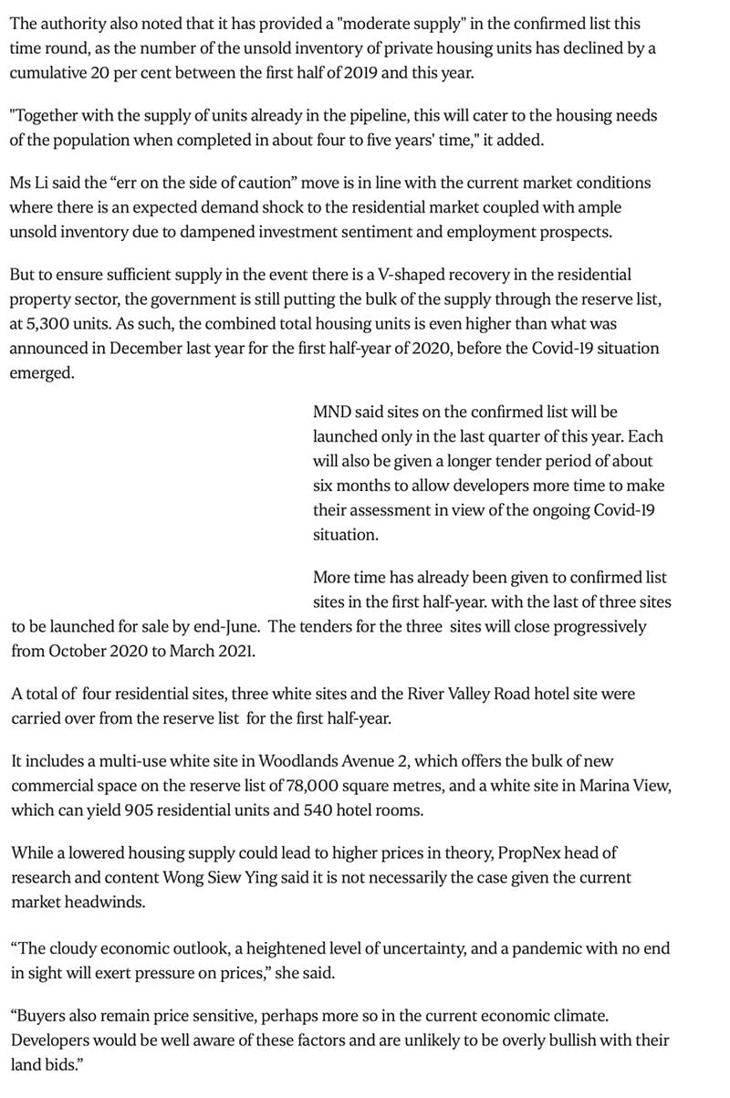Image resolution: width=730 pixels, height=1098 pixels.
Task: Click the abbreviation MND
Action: [334, 413]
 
